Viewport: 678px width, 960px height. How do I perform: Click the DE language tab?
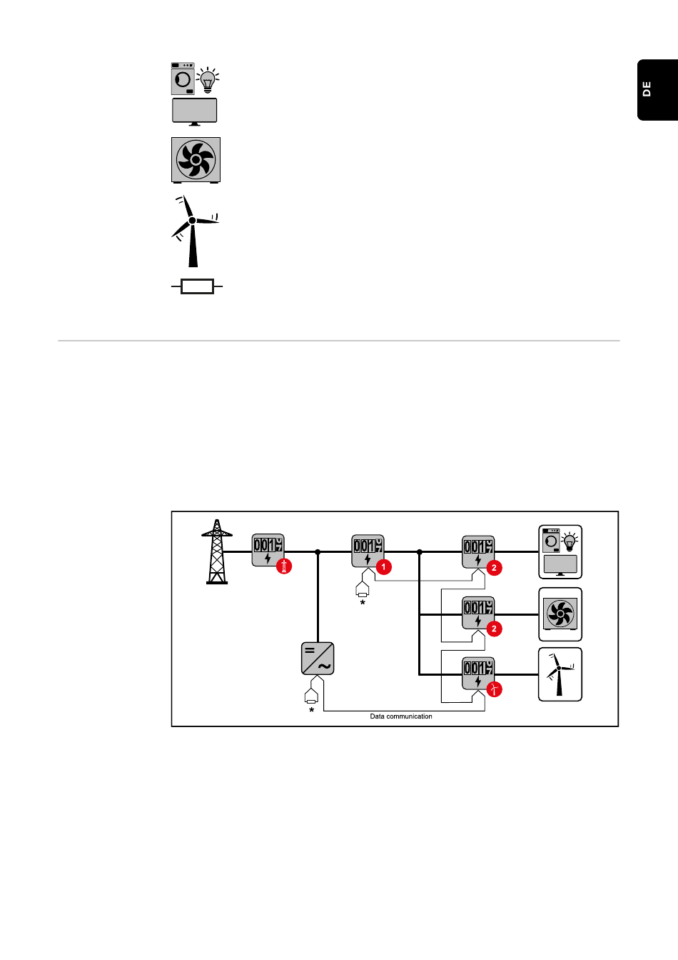[x=657, y=90]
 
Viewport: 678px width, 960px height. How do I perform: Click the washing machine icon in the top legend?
[x=183, y=79]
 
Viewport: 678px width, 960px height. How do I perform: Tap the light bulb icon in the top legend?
[x=208, y=81]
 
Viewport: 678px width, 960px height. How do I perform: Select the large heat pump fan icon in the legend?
[x=196, y=159]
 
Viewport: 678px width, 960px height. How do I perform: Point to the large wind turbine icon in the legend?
[x=193, y=230]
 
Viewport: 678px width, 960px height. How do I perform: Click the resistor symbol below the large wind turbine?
[x=197, y=287]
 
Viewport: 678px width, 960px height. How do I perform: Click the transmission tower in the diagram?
[x=217, y=551]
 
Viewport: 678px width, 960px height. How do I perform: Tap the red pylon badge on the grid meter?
[x=284, y=567]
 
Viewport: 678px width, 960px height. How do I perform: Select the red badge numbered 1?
[x=384, y=567]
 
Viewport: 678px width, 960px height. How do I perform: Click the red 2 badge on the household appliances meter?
[x=494, y=568]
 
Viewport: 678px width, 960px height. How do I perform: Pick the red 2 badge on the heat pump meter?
[x=494, y=629]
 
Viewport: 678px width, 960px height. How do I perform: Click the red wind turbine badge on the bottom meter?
[x=494, y=689]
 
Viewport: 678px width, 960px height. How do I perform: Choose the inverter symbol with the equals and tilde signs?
[x=318, y=659]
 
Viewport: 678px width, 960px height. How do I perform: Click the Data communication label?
[x=401, y=716]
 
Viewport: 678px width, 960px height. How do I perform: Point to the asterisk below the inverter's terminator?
[x=311, y=711]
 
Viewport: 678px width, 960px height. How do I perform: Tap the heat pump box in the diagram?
[x=560, y=614]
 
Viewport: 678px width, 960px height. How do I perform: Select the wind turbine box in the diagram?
[x=560, y=674]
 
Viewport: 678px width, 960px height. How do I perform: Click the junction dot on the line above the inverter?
[x=318, y=552]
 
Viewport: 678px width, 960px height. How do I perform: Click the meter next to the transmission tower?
[x=268, y=550]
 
